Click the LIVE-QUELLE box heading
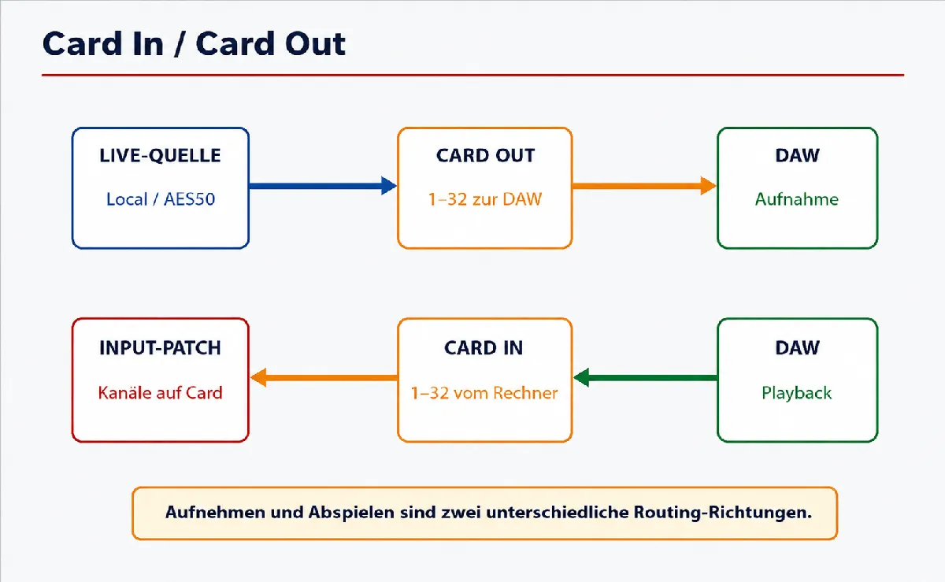[x=160, y=155]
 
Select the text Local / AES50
[x=161, y=198]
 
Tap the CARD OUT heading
[x=485, y=155]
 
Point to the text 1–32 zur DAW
[x=485, y=198]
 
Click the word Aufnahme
[x=796, y=198]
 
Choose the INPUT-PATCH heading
[x=160, y=348]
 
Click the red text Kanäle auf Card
[x=160, y=392]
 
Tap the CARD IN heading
[x=484, y=348]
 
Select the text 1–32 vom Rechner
[x=484, y=392]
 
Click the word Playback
[x=796, y=393]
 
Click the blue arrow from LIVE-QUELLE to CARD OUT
[x=323, y=186]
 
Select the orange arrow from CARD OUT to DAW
[x=644, y=186]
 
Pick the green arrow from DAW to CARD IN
[x=646, y=377]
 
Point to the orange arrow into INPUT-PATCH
[x=324, y=377]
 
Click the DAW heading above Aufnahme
[x=797, y=155]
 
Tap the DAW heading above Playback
[x=797, y=348]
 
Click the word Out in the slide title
[x=315, y=43]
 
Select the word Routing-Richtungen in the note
[x=723, y=513]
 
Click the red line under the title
[x=473, y=75]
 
